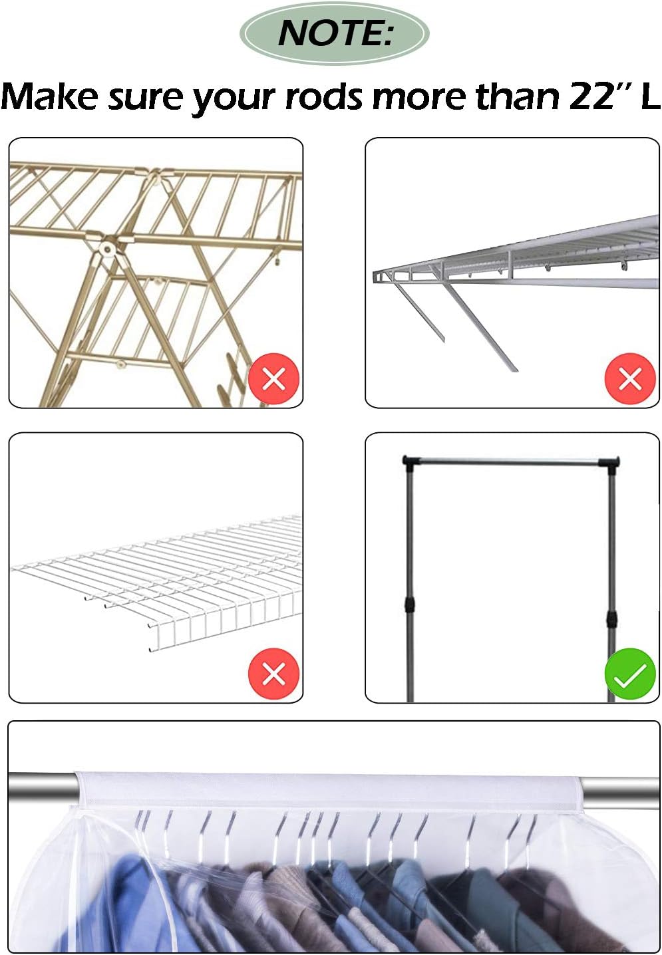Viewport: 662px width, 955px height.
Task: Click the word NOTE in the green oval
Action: pos(330,33)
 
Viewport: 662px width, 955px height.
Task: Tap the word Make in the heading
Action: pos(49,96)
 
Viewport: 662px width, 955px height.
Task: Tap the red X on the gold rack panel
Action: pos(274,378)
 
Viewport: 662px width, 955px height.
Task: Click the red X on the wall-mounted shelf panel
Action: pos(630,378)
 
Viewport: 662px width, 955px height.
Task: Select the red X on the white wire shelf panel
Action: pos(274,674)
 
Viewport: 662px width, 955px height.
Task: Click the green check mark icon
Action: pos(630,674)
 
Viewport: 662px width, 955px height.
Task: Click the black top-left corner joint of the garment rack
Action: pos(409,463)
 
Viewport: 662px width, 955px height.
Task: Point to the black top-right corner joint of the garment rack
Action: pos(609,464)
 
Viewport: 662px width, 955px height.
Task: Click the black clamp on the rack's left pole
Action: pos(410,604)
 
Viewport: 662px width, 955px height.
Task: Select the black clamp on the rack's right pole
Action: pos(611,618)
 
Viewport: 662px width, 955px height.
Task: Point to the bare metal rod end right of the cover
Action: pos(621,793)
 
